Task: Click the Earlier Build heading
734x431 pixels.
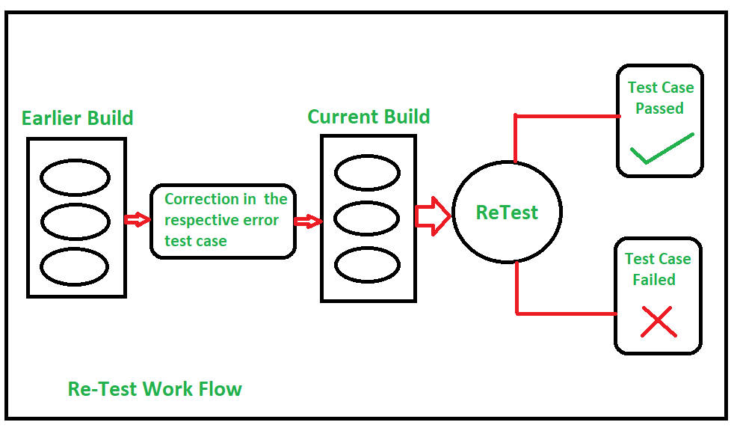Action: [x=77, y=118]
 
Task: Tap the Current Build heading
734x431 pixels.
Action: [x=368, y=117]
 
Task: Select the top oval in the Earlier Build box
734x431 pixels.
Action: [x=75, y=177]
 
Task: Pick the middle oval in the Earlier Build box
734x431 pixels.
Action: [x=75, y=221]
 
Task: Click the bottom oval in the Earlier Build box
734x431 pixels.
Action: [x=75, y=266]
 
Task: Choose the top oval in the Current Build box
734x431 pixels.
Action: [x=368, y=174]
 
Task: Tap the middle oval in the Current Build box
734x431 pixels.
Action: [x=368, y=218]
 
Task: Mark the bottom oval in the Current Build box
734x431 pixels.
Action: [x=368, y=264]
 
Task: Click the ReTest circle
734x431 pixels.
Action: [x=507, y=213]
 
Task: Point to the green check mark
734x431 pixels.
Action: [x=661, y=150]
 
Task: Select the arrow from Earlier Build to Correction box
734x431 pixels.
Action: [x=137, y=219]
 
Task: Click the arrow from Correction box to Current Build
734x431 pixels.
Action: [x=308, y=221]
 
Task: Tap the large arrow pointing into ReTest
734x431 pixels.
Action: [x=433, y=215]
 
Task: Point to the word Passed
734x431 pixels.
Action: [x=659, y=108]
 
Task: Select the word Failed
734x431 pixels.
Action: [x=654, y=280]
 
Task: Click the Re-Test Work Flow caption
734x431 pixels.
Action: [x=155, y=389]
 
